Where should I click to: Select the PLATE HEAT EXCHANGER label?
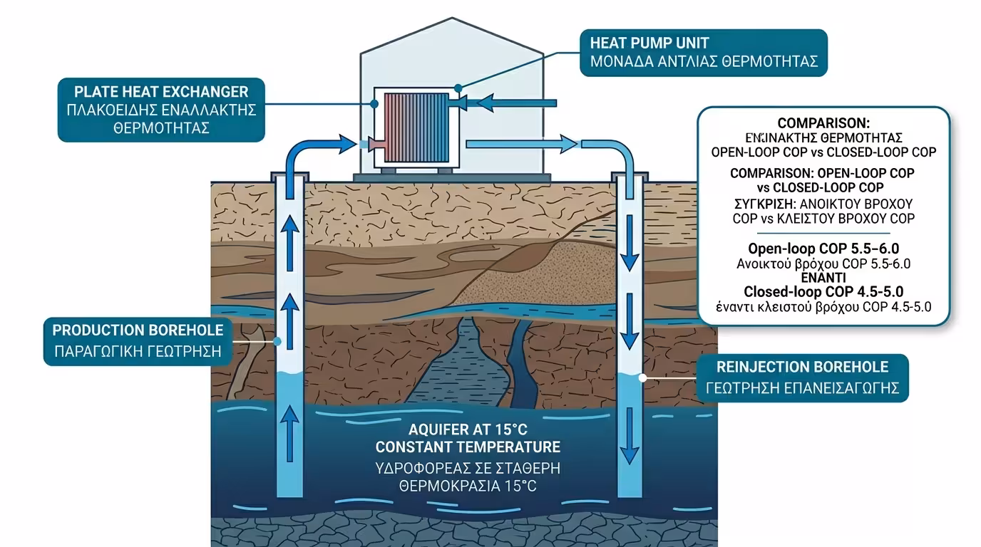tap(161, 92)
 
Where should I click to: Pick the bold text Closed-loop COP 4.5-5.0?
tap(823, 292)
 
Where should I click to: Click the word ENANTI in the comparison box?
tap(823, 278)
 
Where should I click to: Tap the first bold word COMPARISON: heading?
tap(823, 123)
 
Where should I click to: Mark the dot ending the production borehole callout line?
tap(277, 342)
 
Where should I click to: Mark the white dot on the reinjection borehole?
tap(643, 379)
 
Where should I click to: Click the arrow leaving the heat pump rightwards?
tap(520, 145)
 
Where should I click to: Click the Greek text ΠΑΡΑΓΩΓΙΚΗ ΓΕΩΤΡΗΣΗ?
tap(138, 352)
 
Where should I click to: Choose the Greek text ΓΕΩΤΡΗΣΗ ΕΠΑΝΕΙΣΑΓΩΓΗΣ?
tap(802, 388)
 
